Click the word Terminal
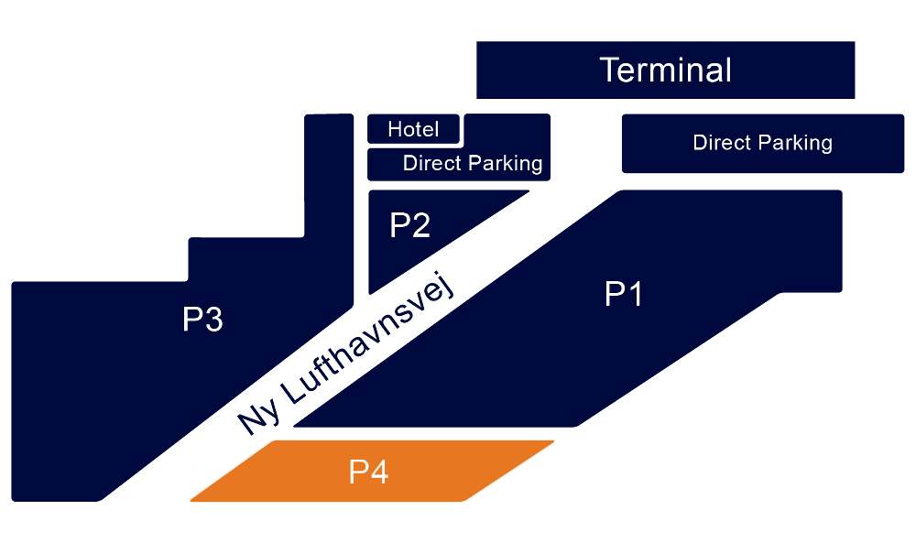[666, 71]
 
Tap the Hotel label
[413, 129]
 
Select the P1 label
[624, 295]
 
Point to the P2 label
[409, 225]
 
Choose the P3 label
[202, 320]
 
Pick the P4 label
[369, 472]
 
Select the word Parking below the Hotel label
[507, 164]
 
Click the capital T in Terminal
[611, 71]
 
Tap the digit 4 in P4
[380, 472]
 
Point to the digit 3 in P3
[213, 320]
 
